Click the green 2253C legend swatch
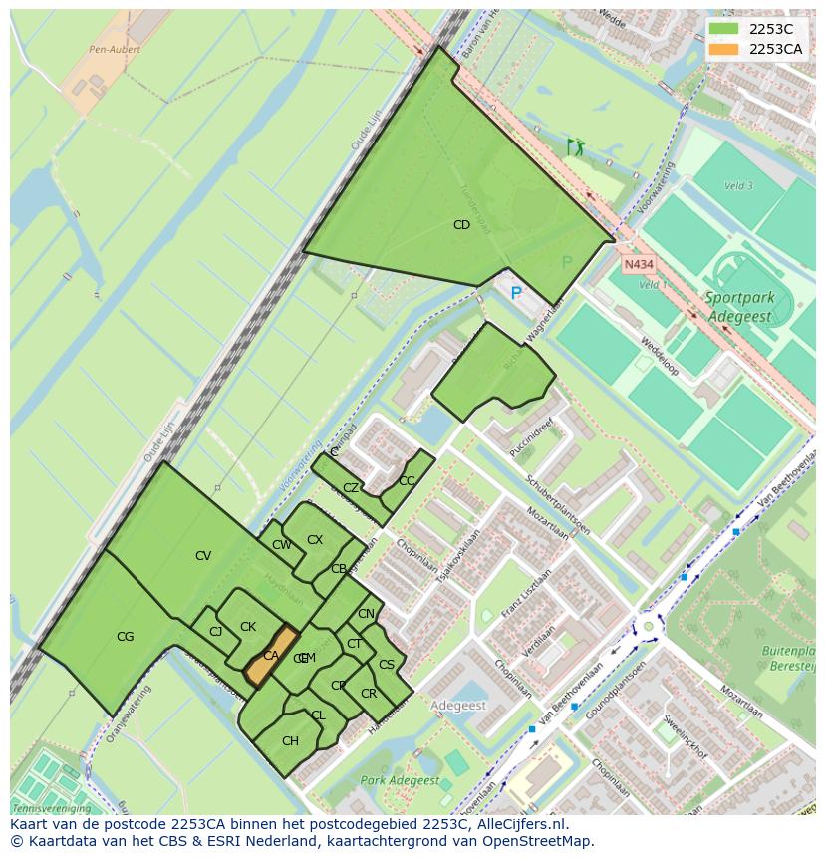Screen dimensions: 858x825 click(723, 29)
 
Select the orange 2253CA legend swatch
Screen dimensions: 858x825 click(723, 49)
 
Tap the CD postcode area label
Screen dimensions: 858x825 click(461, 225)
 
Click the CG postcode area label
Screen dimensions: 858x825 click(125, 637)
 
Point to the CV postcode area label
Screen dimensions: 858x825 click(203, 556)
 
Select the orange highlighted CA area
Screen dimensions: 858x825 click(271, 655)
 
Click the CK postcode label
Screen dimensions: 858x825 click(248, 627)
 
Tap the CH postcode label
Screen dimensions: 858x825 click(290, 741)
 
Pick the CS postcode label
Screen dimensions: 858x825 click(387, 665)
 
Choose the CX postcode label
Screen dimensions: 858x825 click(315, 540)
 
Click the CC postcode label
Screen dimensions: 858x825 click(407, 481)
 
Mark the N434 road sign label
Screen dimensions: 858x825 click(639, 265)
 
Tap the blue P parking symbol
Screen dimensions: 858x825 click(516, 293)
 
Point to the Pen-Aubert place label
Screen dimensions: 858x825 click(115, 49)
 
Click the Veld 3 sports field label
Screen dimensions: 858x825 click(737, 186)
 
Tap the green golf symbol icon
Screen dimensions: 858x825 click(575, 147)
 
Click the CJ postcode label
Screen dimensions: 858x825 click(215, 631)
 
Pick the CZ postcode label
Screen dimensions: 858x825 click(351, 488)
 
